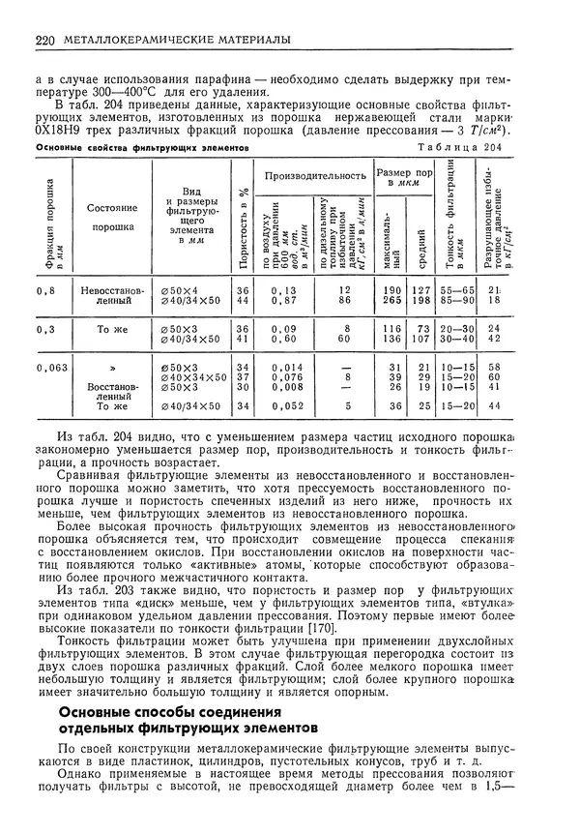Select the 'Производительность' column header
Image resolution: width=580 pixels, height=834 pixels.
[x=315, y=175]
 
